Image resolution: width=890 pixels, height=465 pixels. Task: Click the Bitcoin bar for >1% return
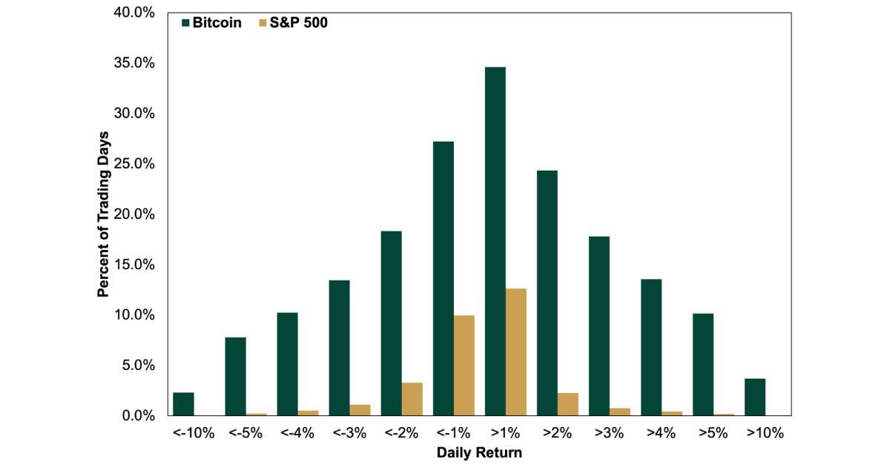click(495, 241)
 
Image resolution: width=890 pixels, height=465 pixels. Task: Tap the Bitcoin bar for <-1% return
click(443, 278)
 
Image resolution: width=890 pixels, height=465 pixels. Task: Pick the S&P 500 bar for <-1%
click(464, 365)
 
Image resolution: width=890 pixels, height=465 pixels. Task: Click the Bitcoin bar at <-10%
click(183, 404)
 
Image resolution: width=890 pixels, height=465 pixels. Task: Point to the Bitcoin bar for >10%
click(754, 398)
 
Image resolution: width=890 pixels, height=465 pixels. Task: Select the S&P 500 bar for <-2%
click(412, 399)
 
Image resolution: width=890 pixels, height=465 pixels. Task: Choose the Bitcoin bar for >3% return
click(599, 326)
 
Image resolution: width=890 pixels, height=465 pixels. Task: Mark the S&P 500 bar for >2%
click(567, 404)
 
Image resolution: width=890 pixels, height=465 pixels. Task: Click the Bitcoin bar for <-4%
click(287, 364)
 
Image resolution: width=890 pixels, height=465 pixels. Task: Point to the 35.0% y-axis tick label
click(136, 63)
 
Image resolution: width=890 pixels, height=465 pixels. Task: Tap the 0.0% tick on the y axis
click(139, 416)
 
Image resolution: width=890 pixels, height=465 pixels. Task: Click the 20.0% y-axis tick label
click(136, 214)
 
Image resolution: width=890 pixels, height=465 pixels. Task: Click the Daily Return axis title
click(479, 452)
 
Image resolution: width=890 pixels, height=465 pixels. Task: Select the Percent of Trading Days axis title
click(103, 214)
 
